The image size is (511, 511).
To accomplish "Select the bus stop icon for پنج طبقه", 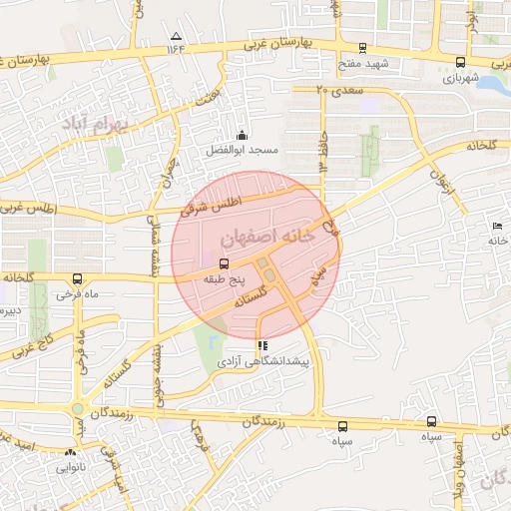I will (222, 263).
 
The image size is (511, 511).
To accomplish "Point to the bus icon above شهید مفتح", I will (362, 47).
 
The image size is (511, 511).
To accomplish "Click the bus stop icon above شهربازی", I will (459, 62).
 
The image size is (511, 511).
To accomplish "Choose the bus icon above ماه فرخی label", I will (78, 279).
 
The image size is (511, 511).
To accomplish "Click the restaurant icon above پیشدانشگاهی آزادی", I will (262, 344).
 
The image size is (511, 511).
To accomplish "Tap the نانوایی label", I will (70, 465).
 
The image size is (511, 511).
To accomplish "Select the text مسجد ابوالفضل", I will (241, 150).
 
